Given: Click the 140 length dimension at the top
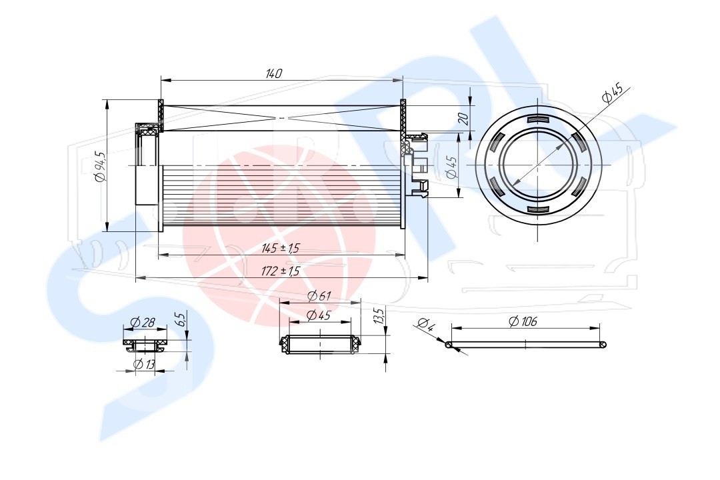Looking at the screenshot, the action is [x=274, y=73].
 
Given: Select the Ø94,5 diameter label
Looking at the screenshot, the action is [x=100, y=167].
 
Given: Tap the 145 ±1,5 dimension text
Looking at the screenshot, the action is [x=280, y=249].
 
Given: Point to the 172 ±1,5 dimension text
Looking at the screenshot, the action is [x=280, y=271].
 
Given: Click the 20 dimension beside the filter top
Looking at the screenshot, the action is [x=463, y=119].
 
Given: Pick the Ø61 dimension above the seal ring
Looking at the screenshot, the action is [x=319, y=296].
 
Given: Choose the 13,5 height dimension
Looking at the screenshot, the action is [x=379, y=317].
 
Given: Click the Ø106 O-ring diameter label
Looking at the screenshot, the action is [x=523, y=321].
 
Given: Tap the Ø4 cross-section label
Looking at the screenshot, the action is [x=425, y=324].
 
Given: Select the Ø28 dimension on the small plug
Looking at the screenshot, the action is [x=143, y=323].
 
